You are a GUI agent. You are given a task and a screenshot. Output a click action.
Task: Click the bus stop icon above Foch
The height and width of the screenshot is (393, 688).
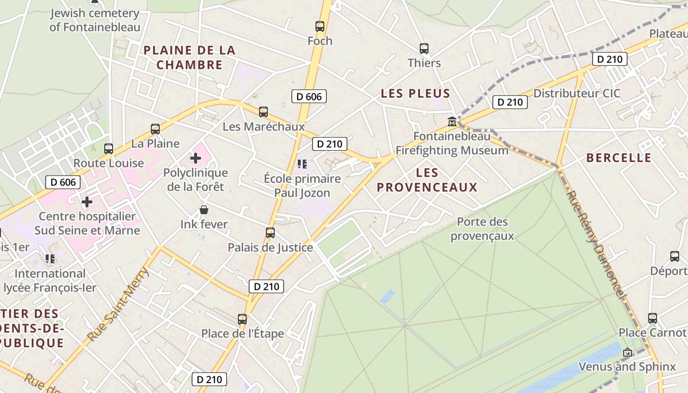[320, 27]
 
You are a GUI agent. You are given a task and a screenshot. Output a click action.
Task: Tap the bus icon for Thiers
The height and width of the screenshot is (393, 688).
[424, 49]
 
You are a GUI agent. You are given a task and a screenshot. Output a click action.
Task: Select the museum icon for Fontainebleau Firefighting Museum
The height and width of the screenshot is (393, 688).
[452, 121]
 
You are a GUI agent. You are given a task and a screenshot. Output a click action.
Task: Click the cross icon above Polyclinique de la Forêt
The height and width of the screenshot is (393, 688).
[196, 158]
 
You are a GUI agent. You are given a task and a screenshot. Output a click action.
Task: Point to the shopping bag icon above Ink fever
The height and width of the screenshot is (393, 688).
[204, 210]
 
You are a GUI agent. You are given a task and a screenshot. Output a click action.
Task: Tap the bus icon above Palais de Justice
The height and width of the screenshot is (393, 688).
[270, 233]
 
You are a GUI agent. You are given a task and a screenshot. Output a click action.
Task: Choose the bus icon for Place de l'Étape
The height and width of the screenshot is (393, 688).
[242, 319]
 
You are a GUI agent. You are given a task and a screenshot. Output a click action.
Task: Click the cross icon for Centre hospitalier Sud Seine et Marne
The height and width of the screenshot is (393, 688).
[87, 202]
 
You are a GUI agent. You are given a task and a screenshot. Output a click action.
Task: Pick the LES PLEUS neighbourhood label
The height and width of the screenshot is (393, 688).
[416, 93]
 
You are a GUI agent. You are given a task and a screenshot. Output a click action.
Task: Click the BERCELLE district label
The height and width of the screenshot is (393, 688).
[619, 158]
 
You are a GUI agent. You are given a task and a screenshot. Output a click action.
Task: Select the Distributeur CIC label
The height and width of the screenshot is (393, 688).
[577, 93]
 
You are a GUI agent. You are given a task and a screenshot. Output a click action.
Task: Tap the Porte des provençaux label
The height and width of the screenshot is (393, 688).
[482, 229]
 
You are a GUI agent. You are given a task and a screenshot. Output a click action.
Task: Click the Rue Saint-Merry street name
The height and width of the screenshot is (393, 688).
[117, 305]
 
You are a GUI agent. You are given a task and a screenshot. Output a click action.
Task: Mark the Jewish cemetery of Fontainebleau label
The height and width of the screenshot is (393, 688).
[95, 20]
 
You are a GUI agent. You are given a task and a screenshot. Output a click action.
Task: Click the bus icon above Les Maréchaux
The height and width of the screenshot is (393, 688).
[263, 112]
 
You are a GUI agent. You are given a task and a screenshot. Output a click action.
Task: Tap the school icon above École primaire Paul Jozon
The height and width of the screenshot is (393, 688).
[302, 164]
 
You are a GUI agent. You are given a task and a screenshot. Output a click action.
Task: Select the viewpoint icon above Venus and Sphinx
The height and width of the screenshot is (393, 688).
[627, 352]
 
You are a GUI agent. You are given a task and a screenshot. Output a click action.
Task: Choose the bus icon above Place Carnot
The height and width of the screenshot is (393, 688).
[652, 318]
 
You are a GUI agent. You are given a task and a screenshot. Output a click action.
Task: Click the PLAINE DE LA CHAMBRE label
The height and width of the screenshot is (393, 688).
[190, 57]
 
